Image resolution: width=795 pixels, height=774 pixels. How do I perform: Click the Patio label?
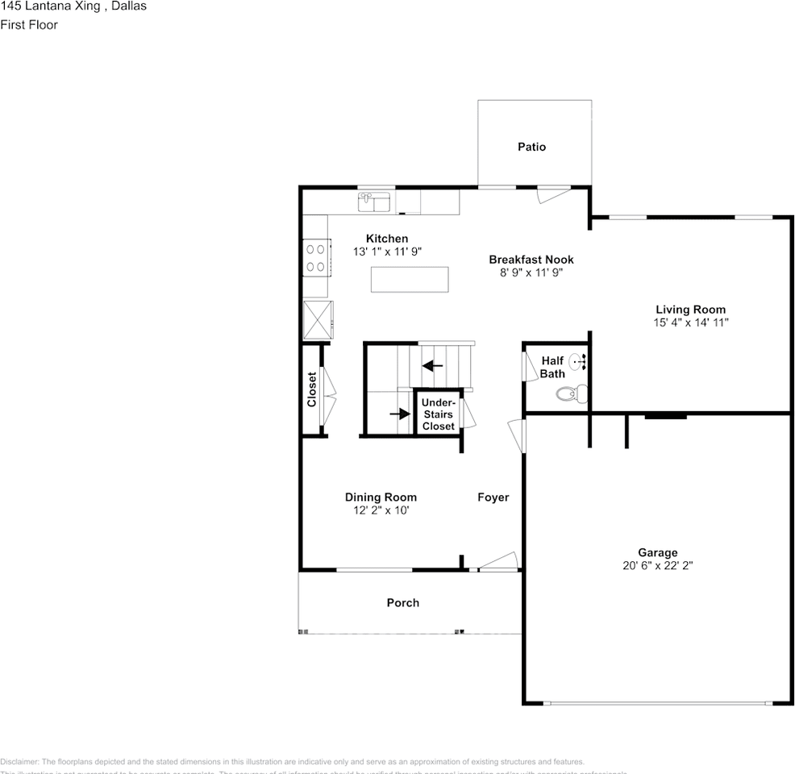tap(531, 147)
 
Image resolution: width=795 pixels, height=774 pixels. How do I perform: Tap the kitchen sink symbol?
tap(374, 201)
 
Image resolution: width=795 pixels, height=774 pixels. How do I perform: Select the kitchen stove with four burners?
tap(315, 257)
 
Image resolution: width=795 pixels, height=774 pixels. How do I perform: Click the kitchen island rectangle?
tap(409, 279)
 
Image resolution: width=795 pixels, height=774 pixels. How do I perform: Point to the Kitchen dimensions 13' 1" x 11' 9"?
tap(387, 252)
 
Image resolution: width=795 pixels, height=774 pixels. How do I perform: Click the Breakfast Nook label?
tap(531, 260)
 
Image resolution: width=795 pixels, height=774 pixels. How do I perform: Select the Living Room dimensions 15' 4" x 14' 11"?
tap(690, 322)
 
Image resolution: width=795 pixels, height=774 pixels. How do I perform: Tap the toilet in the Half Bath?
tap(571, 394)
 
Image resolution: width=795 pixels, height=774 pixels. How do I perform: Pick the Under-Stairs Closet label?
tap(439, 414)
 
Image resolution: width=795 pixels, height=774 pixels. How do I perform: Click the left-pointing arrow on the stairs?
tap(433, 365)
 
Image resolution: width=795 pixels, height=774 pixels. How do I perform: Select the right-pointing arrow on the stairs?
tap(400, 414)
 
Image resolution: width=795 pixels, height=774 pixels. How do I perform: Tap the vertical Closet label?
tap(312, 389)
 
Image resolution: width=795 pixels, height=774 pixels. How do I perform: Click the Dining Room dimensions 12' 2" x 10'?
tap(381, 510)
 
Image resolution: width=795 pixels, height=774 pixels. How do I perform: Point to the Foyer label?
tap(493, 497)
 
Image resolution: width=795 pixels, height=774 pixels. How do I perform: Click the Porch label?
tap(402, 603)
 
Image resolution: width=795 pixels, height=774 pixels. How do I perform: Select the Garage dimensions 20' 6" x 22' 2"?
tap(657, 566)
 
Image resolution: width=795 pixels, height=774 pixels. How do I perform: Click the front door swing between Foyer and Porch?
tap(497, 562)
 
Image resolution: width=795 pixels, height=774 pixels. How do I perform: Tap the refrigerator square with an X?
tap(317, 320)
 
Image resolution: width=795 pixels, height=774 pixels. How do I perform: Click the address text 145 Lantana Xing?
tap(51, 6)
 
